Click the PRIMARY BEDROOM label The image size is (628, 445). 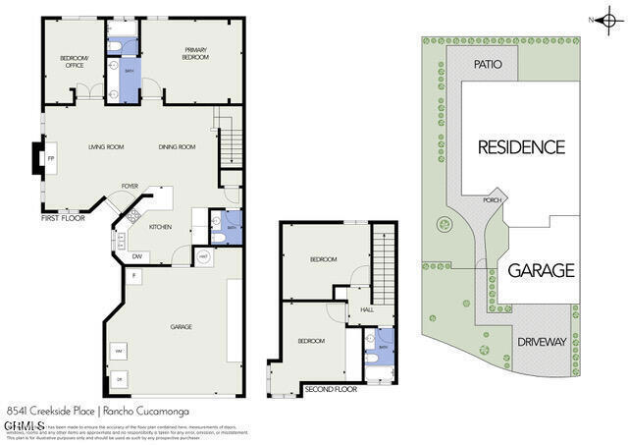click(194, 53)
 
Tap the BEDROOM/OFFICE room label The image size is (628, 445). click(75, 62)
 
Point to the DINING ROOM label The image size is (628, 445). click(178, 147)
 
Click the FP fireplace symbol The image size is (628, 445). click(51, 158)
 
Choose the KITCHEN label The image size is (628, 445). click(161, 227)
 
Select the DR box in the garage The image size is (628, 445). click(119, 378)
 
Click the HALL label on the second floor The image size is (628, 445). click(367, 308)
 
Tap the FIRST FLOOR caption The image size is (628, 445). click(62, 219)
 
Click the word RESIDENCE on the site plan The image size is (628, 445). click(521, 147)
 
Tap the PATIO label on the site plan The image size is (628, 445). click(488, 64)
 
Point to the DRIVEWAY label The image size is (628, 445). click(542, 342)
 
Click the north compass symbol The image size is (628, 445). click(609, 18)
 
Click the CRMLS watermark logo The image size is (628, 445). click(25, 425)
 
